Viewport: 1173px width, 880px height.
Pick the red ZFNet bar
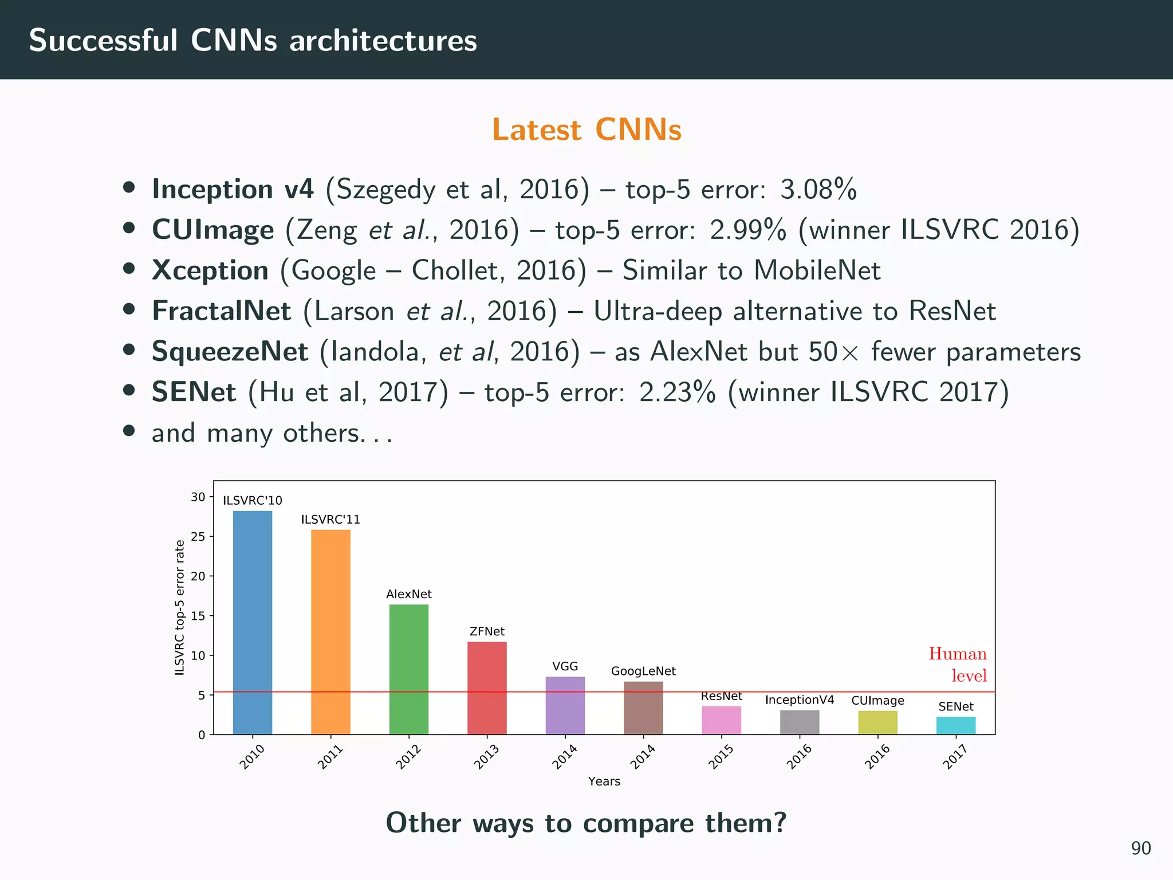[487, 687]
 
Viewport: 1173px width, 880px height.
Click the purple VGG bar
[565, 705]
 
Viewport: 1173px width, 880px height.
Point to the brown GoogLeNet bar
[643, 708]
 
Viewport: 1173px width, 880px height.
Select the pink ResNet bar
[721, 720]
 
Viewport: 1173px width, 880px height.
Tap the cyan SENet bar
[955, 725]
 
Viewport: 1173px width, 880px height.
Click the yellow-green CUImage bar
[877, 722]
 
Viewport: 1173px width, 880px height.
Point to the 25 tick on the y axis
[198, 537]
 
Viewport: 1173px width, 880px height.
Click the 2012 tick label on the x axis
[408, 757]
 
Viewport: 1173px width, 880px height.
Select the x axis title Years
[604, 781]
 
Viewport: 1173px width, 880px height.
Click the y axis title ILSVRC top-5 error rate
[180, 607]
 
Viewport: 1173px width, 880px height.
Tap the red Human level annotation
[958, 665]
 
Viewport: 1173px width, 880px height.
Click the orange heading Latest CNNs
[586, 129]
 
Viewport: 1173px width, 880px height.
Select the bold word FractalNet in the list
[221, 311]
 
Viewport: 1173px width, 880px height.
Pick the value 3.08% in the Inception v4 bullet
[818, 189]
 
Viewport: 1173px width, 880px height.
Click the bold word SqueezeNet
[230, 352]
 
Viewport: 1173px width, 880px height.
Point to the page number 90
[1140, 848]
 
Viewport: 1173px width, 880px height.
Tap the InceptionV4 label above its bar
[799, 700]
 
